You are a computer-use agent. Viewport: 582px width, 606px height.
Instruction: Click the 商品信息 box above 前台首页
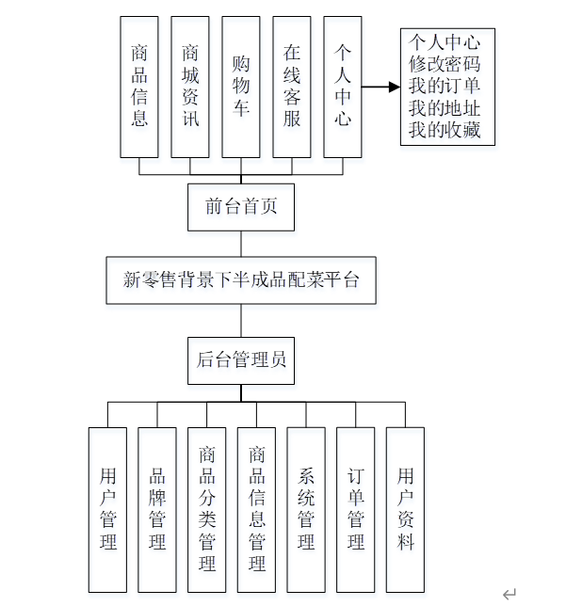pyautogui.click(x=139, y=87)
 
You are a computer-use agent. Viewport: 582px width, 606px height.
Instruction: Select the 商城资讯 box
pyautogui.click(x=190, y=87)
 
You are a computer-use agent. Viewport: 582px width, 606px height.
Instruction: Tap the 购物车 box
pyautogui.click(x=241, y=87)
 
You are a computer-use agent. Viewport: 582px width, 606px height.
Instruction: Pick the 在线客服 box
pyautogui.click(x=292, y=87)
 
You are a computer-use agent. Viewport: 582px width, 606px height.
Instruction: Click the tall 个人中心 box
pyautogui.click(x=343, y=87)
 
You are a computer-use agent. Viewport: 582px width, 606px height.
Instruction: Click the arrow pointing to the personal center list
pyautogui.click(x=380, y=88)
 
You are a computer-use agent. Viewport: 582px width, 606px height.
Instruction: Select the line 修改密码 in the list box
pyautogui.click(x=445, y=65)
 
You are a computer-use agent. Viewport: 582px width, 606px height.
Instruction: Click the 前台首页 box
pyautogui.click(x=241, y=207)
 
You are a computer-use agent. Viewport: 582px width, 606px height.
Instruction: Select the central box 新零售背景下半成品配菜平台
pyautogui.click(x=241, y=280)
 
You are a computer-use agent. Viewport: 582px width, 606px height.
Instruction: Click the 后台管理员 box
pyautogui.click(x=241, y=359)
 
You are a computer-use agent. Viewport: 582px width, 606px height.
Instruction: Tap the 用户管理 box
pyautogui.click(x=107, y=509)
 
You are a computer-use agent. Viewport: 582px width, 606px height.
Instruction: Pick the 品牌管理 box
pyautogui.click(x=157, y=509)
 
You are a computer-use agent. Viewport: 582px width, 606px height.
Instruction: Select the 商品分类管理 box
pyautogui.click(x=207, y=509)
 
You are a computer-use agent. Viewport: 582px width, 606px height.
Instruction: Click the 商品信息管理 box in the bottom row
pyautogui.click(x=256, y=509)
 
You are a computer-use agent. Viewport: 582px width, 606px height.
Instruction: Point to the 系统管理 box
pyautogui.click(x=306, y=509)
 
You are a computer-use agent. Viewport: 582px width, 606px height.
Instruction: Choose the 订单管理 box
pyautogui.click(x=356, y=509)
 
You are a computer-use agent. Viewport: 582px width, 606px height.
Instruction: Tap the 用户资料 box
pyautogui.click(x=405, y=509)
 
